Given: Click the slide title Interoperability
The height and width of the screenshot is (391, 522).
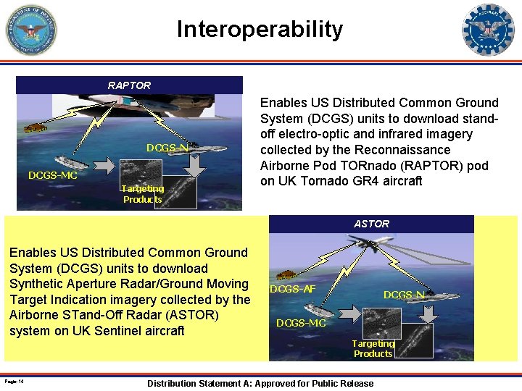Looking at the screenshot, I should (x=260, y=30).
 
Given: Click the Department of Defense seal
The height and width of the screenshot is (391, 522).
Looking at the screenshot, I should (x=30, y=30).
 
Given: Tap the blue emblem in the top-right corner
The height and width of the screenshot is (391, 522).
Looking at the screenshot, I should (x=488, y=30).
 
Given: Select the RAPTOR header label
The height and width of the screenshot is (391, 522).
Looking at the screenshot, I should (x=129, y=85).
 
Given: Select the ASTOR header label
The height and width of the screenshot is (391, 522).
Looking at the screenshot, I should (x=371, y=224).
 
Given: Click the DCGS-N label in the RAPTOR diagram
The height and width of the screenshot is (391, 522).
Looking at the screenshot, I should (x=167, y=148).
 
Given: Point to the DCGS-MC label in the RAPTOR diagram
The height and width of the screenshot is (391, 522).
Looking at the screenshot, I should (x=52, y=175).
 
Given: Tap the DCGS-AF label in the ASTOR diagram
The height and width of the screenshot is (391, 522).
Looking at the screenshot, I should (x=292, y=289).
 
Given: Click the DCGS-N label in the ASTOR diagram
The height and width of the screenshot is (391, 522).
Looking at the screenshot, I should (x=404, y=295).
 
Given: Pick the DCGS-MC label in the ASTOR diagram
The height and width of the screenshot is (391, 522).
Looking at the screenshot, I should (x=301, y=323).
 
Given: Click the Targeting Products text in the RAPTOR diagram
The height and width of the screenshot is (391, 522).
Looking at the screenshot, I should (x=143, y=194).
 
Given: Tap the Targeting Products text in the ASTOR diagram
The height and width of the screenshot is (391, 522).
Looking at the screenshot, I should (x=373, y=348).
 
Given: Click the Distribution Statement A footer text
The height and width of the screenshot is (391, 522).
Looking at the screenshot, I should (x=260, y=383).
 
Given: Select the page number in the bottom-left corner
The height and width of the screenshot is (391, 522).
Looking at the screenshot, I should (x=14, y=381).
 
